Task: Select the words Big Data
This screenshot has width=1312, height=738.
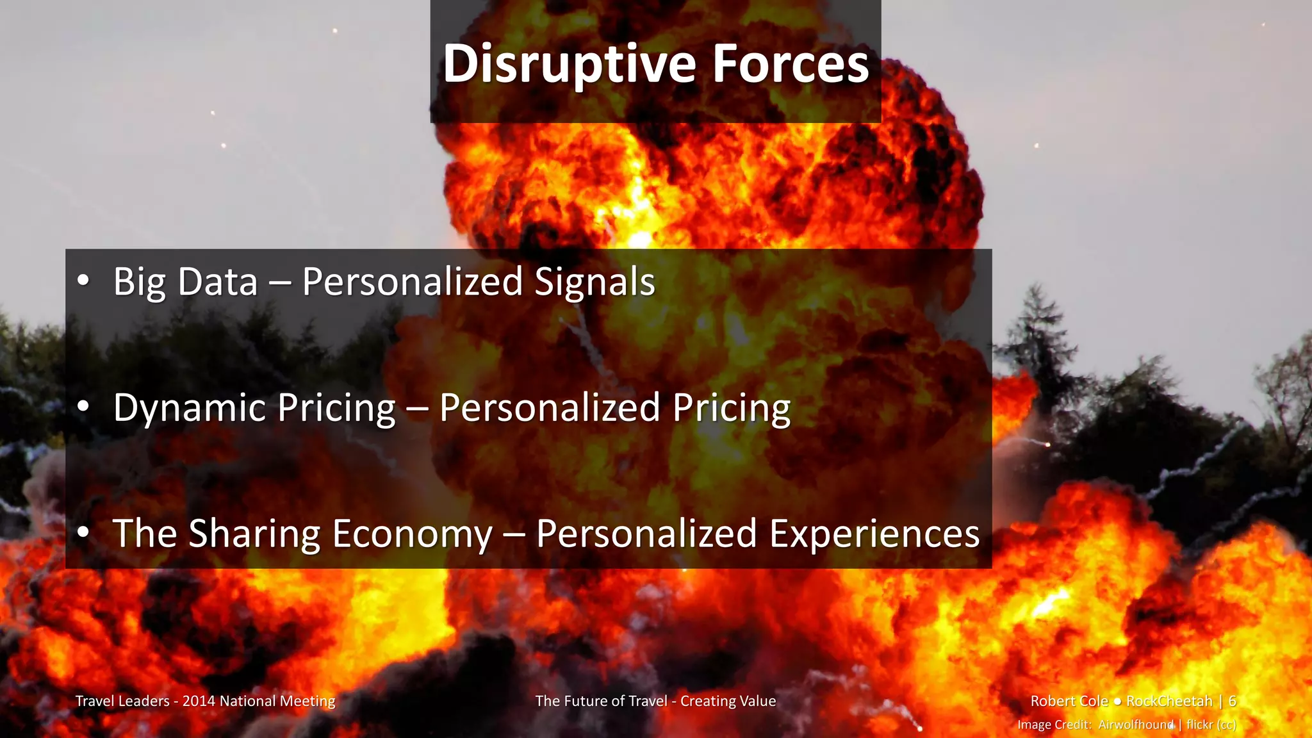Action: pos(185,282)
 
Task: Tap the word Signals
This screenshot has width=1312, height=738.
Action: pos(594,282)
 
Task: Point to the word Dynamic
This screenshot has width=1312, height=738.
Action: pos(188,409)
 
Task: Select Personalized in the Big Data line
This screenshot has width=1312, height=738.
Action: pos(413,282)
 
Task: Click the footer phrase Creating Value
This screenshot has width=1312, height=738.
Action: pos(728,701)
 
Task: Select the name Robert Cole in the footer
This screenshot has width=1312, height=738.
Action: pos(1069,701)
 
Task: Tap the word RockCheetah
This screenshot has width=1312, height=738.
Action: pos(1169,701)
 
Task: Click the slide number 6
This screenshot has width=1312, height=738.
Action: pos(1232,701)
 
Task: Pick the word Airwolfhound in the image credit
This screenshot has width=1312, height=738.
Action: pos(1136,725)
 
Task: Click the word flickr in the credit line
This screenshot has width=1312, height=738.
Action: pos(1199,725)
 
